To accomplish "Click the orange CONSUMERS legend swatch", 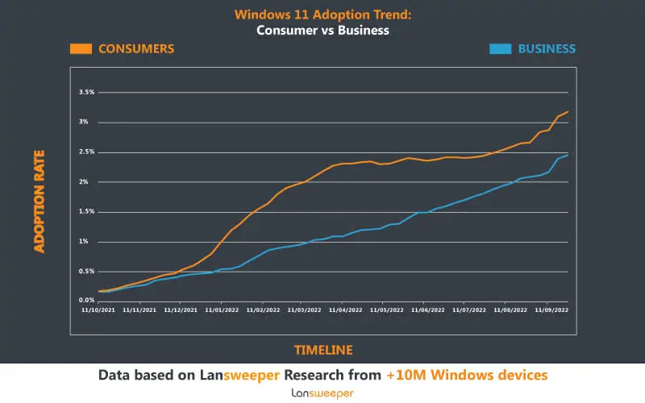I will pyautogui.click(x=80, y=48).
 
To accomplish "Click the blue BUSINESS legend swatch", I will pyautogui.click(x=500, y=48).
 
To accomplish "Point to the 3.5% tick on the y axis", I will pyautogui.click(x=86, y=93).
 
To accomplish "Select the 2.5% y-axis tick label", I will pyautogui.click(x=86, y=152).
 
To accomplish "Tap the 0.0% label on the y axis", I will pyautogui.click(x=86, y=300).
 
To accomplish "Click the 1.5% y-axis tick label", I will pyautogui.click(x=86, y=211).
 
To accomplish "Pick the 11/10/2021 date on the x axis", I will pyautogui.click(x=98, y=309).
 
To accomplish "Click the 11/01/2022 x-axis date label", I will pyautogui.click(x=222, y=309).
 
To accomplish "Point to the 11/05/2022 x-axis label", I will pyautogui.click(x=387, y=309).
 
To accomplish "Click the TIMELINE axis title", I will pyautogui.click(x=322, y=350).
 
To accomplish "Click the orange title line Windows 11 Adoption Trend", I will pyautogui.click(x=322, y=15).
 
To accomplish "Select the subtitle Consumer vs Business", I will pyautogui.click(x=322, y=31).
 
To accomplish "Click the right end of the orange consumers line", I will pyautogui.click(x=568, y=111).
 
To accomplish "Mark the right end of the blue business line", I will pyautogui.click(x=568, y=154).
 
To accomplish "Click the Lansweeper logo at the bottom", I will pyautogui.click(x=322, y=393).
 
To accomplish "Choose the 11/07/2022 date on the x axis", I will pyautogui.click(x=469, y=309).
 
